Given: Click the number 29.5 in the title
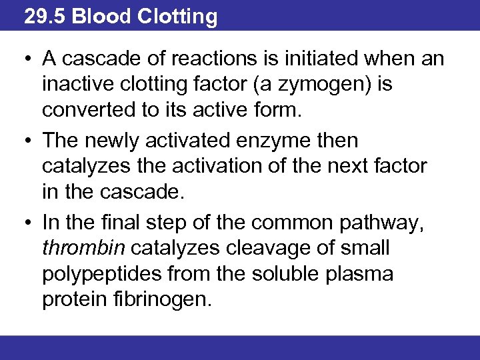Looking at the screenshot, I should click(x=45, y=16).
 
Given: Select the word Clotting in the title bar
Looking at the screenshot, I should click(x=177, y=16).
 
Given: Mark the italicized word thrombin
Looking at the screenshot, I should click(x=83, y=249).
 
